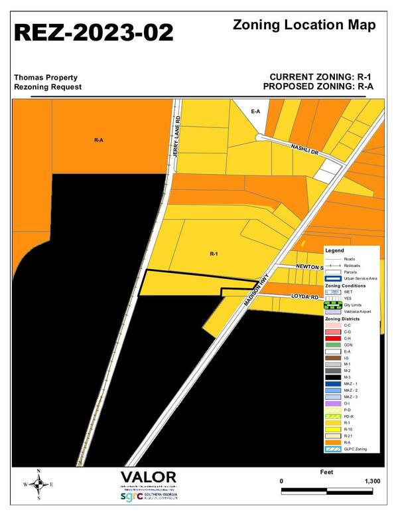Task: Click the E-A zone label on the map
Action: [x=255, y=112]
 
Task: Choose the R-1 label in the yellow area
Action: [x=214, y=253]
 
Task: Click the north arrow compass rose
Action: [x=38, y=484]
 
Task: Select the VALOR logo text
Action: [x=149, y=478]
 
